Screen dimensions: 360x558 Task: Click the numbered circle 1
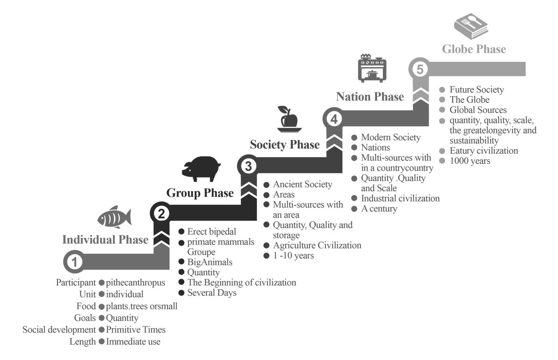click(x=75, y=261)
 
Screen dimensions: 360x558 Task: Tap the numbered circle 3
click(x=248, y=166)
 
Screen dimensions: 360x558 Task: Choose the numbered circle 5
click(x=420, y=69)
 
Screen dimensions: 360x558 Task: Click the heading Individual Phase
click(x=105, y=239)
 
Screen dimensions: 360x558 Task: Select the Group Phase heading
click(x=200, y=193)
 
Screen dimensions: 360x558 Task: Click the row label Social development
click(x=59, y=330)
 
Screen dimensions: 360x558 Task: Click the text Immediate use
click(x=133, y=342)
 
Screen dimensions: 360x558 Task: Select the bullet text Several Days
click(x=212, y=293)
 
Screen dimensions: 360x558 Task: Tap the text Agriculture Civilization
click(x=317, y=245)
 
